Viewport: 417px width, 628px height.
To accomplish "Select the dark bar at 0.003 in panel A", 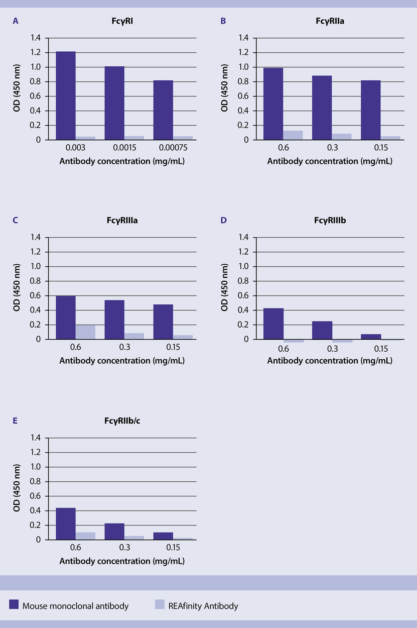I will [66, 95].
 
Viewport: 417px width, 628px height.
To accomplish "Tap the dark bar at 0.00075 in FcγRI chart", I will [163, 110].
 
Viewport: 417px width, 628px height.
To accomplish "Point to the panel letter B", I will [223, 21].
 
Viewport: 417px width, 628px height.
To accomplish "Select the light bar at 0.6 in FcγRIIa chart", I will [293, 135].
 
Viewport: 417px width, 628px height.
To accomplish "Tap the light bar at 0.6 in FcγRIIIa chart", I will [85, 332].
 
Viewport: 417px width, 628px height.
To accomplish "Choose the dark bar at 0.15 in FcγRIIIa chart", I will [163, 322].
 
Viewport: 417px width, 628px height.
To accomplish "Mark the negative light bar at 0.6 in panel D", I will [293, 341].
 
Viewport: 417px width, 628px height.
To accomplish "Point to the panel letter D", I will [223, 221].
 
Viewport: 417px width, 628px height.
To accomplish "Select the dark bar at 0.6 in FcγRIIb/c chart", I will [66, 524].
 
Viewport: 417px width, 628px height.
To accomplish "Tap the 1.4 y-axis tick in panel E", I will [36, 438].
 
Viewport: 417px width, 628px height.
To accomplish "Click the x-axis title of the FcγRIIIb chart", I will [330, 361].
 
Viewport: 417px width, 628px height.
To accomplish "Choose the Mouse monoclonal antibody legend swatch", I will [14, 605].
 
